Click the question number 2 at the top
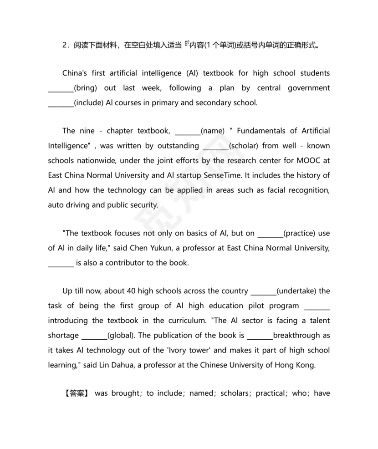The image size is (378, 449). pyautogui.click(x=65, y=46)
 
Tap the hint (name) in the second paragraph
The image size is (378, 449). pyautogui.click(x=213, y=131)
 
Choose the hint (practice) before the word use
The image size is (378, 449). pyautogui.click(x=300, y=233)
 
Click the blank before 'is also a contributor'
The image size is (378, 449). pyautogui.click(x=61, y=263)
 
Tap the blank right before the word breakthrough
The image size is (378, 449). pyautogui.click(x=260, y=335)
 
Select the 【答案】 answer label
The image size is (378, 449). pyautogui.click(x=76, y=393)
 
